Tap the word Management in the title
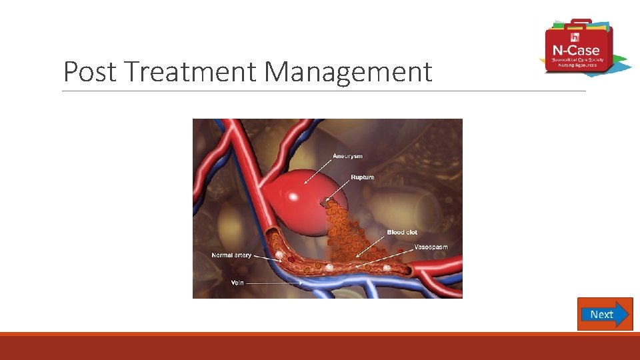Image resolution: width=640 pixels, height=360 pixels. click(x=347, y=72)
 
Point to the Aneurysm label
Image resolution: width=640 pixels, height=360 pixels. click(x=348, y=156)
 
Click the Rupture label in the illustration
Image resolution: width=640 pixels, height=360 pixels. click(x=363, y=177)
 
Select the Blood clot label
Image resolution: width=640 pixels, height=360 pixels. click(x=402, y=232)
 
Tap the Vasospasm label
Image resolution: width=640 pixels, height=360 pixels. click(x=431, y=247)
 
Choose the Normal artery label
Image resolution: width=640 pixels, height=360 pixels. click(x=231, y=255)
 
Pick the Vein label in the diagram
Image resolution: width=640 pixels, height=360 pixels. click(x=237, y=283)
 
